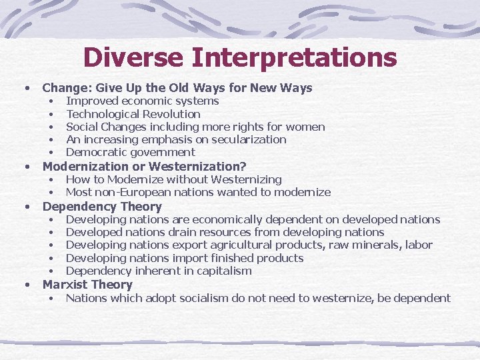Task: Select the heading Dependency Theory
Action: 102,207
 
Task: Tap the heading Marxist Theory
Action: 87,285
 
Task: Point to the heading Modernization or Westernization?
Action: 144,167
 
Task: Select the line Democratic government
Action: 130,152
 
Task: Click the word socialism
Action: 213,298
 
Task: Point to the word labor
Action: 418,245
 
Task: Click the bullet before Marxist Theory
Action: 27,285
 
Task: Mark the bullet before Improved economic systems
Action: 51,101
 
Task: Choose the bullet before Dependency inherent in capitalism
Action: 51,271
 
